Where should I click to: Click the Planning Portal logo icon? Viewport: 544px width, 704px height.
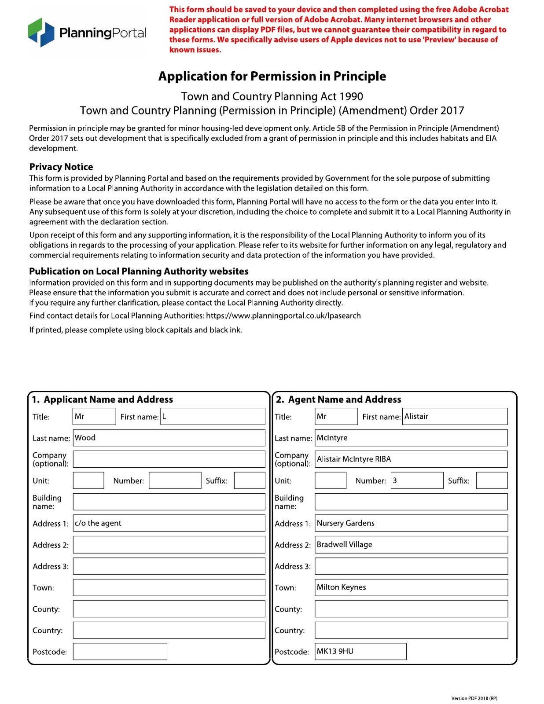click(41, 32)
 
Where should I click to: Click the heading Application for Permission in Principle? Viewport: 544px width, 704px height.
click(272, 76)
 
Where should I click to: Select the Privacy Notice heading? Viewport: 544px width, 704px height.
click(61, 167)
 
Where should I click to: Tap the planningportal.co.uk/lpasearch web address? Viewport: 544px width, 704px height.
click(283, 315)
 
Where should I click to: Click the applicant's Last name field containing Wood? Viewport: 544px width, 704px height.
click(169, 438)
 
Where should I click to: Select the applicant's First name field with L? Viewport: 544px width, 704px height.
click(213, 416)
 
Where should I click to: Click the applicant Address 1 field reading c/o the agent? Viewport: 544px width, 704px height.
click(169, 523)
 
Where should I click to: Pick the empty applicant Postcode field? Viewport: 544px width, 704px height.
click(120, 652)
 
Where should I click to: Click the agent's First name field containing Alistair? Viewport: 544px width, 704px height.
click(455, 416)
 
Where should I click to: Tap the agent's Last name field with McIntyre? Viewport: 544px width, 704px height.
click(411, 438)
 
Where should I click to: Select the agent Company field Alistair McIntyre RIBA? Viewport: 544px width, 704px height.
click(411, 459)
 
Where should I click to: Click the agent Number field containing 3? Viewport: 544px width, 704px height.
click(417, 480)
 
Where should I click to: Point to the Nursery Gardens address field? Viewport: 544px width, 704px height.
click(411, 523)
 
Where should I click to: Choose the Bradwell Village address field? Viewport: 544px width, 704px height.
click(411, 545)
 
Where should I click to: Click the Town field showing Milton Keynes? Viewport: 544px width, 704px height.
click(411, 587)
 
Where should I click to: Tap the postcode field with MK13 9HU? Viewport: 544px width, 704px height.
click(360, 652)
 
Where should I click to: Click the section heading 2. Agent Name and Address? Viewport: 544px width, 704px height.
click(338, 400)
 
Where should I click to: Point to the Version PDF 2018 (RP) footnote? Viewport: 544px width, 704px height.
click(474, 698)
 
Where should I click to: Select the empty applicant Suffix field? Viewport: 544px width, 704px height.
click(250, 480)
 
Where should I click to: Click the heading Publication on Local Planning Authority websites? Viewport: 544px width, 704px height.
click(139, 271)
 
